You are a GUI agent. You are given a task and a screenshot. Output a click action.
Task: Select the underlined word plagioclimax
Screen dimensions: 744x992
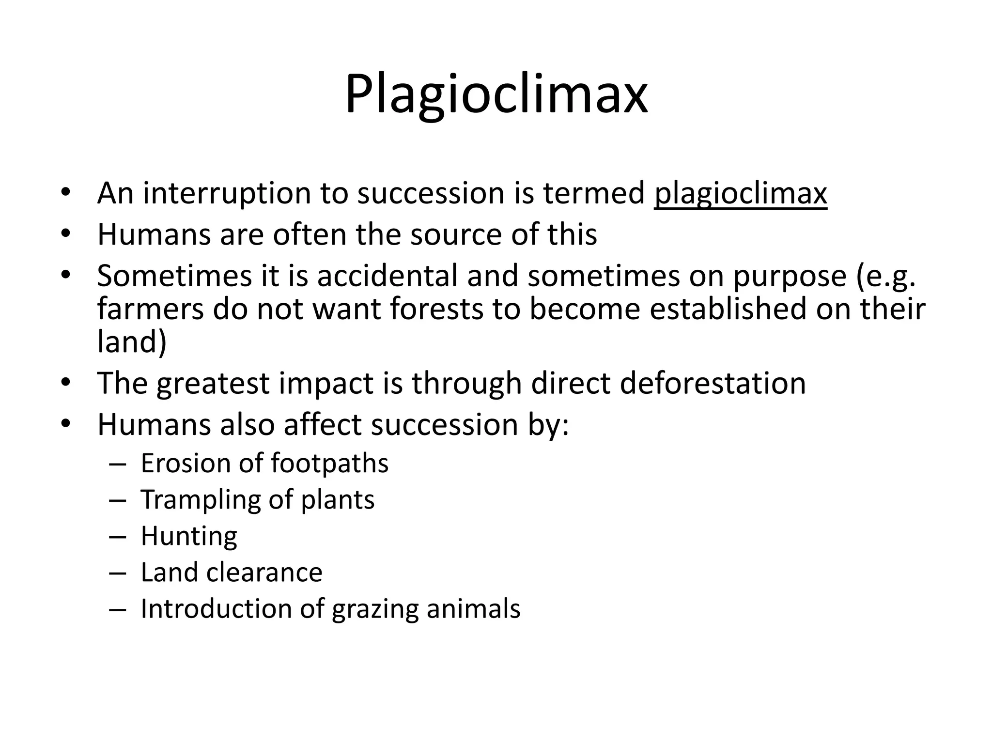(x=740, y=194)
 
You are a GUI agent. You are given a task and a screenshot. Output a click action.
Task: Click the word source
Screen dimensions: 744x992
(x=456, y=234)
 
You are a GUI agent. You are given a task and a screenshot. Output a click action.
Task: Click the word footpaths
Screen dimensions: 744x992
(x=329, y=464)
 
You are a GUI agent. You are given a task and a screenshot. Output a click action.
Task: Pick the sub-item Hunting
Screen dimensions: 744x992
(x=189, y=537)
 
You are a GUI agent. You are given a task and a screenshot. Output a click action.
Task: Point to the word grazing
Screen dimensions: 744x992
(x=375, y=610)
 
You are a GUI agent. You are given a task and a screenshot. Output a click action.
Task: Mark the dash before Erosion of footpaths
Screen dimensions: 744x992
(x=117, y=464)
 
